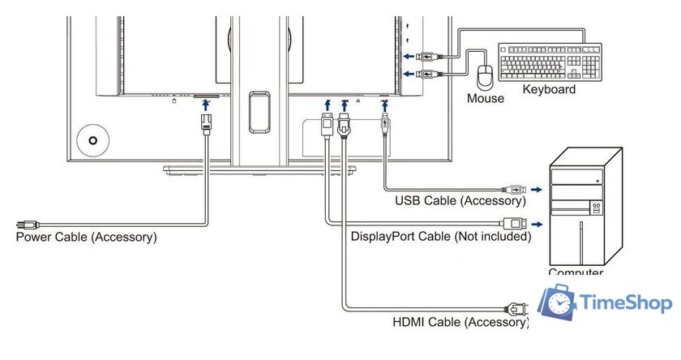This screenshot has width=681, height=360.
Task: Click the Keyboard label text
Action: pyautogui.click(x=549, y=90)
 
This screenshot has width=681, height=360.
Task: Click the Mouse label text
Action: pyautogui.click(x=485, y=99)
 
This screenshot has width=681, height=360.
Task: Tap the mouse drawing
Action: pyautogui.click(x=486, y=77)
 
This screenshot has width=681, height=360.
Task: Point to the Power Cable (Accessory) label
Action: pyautogui.click(x=86, y=238)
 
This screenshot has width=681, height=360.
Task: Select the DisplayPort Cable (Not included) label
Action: pyautogui.click(x=440, y=237)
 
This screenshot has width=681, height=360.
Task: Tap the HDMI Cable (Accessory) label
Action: pyautogui.click(x=460, y=322)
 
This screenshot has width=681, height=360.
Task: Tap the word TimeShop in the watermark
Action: pyautogui.click(x=627, y=304)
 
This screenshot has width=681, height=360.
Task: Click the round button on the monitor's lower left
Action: pyautogui.click(x=93, y=139)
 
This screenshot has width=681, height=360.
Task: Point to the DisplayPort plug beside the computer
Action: pyautogui.click(x=514, y=222)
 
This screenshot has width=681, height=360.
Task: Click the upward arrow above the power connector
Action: pyautogui.click(x=206, y=104)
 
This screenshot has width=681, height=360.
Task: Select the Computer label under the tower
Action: pyautogui.click(x=576, y=273)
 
